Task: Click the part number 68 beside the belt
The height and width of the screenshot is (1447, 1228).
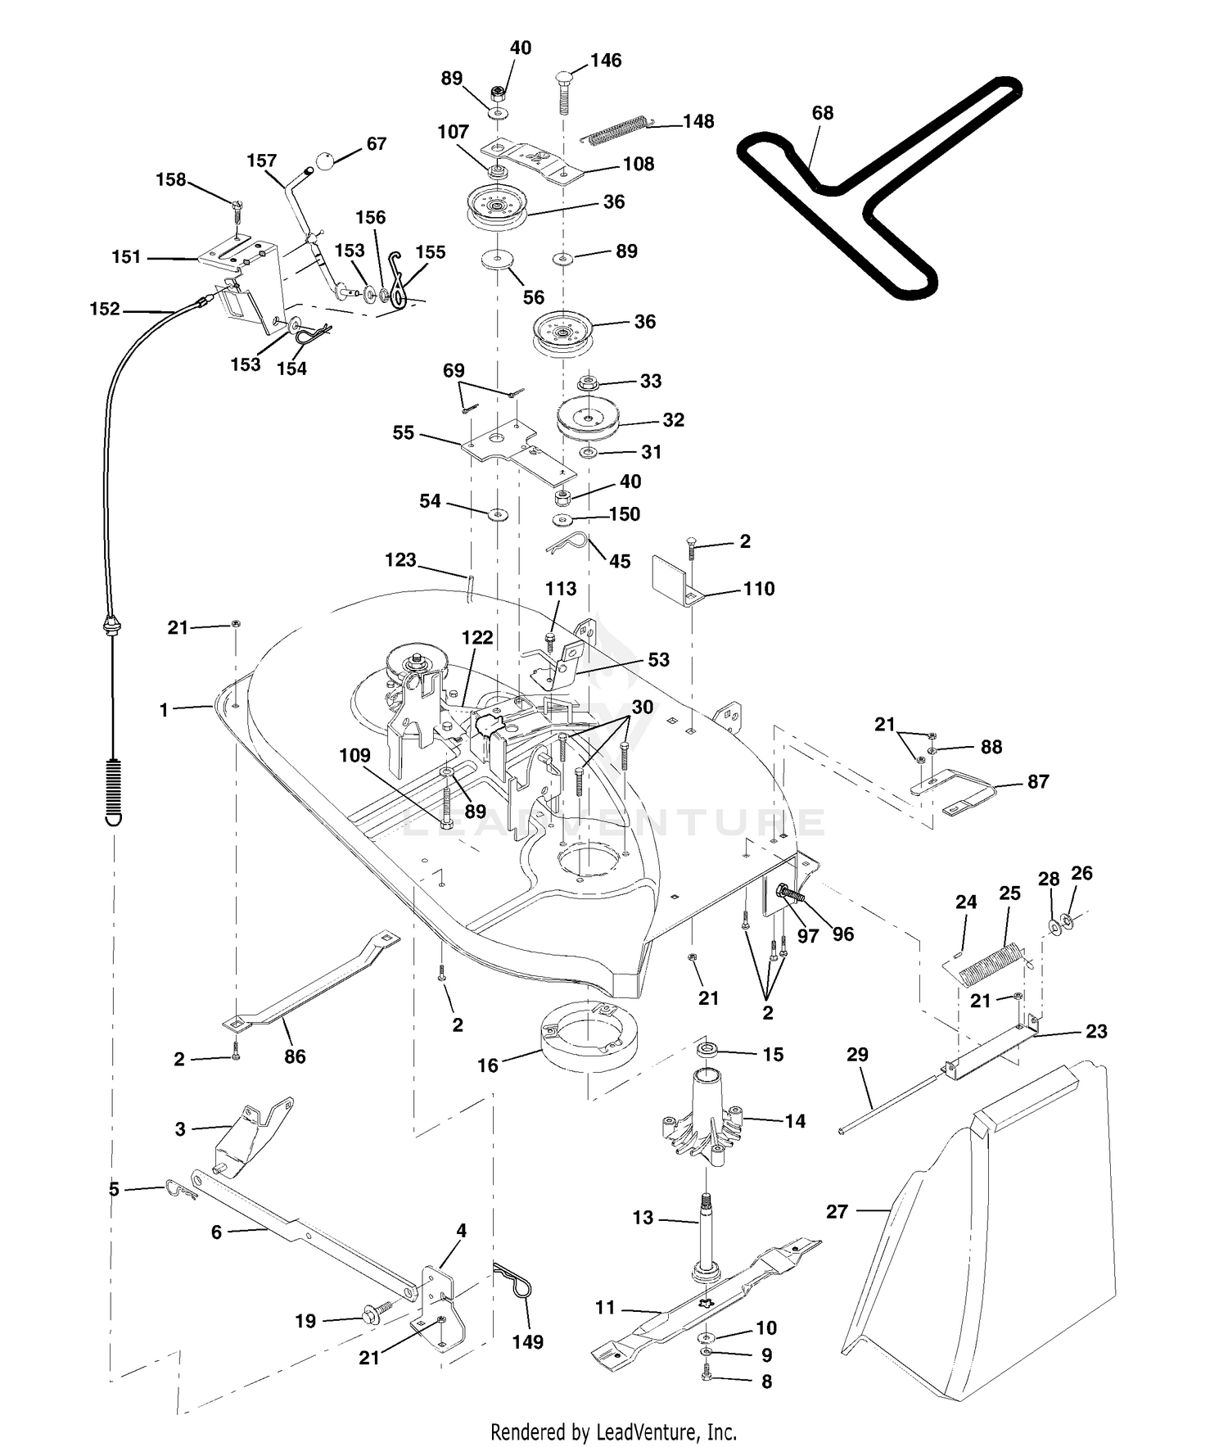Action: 823,113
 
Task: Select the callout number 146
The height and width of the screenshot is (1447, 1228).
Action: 606,61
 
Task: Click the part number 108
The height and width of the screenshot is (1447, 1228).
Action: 639,164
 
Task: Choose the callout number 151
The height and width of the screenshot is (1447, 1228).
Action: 126,257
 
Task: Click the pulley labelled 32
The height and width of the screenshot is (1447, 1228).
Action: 589,419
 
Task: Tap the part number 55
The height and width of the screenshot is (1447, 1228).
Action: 404,432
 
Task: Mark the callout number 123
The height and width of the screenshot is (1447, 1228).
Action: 400,560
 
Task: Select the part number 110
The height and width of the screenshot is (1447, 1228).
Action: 759,589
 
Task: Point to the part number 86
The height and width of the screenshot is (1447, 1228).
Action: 295,1056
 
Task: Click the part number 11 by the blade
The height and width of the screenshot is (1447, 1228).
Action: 605,1308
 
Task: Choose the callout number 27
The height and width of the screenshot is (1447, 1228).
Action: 837,1211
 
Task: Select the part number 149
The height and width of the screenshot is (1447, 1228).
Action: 528,1342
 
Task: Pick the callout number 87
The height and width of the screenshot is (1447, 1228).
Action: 1038,782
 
